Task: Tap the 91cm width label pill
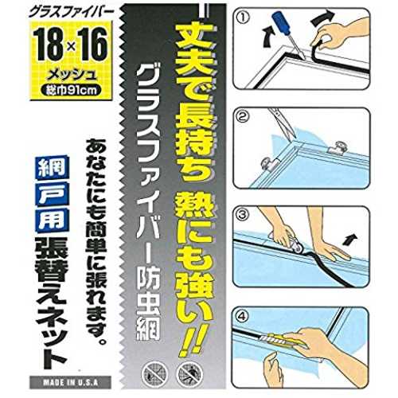pyautogui.click(x=71, y=90)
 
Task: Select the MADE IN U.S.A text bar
pyautogui.click(x=70, y=383)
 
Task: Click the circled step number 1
pyautogui.click(x=244, y=19)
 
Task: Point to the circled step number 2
pyautogui.click(x=244, y=118)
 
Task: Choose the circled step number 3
pyautogui.click(x=243, y=215)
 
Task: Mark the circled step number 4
pyautogui.click(x=242, y=315)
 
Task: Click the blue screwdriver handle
pyautogui.click(x=279, y=25)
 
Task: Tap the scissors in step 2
pyautogui.click(x=282, y=123)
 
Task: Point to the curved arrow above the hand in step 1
pyautogui.click(x=323, y=19)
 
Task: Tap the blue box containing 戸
pyautogui.click(x=53, y=194)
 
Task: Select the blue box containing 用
pyautogui.click(x=53, y=220)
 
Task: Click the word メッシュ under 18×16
pyautogui.click(x=71, y=76)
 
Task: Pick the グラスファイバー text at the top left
pyautogui.click(x=71, y=13)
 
